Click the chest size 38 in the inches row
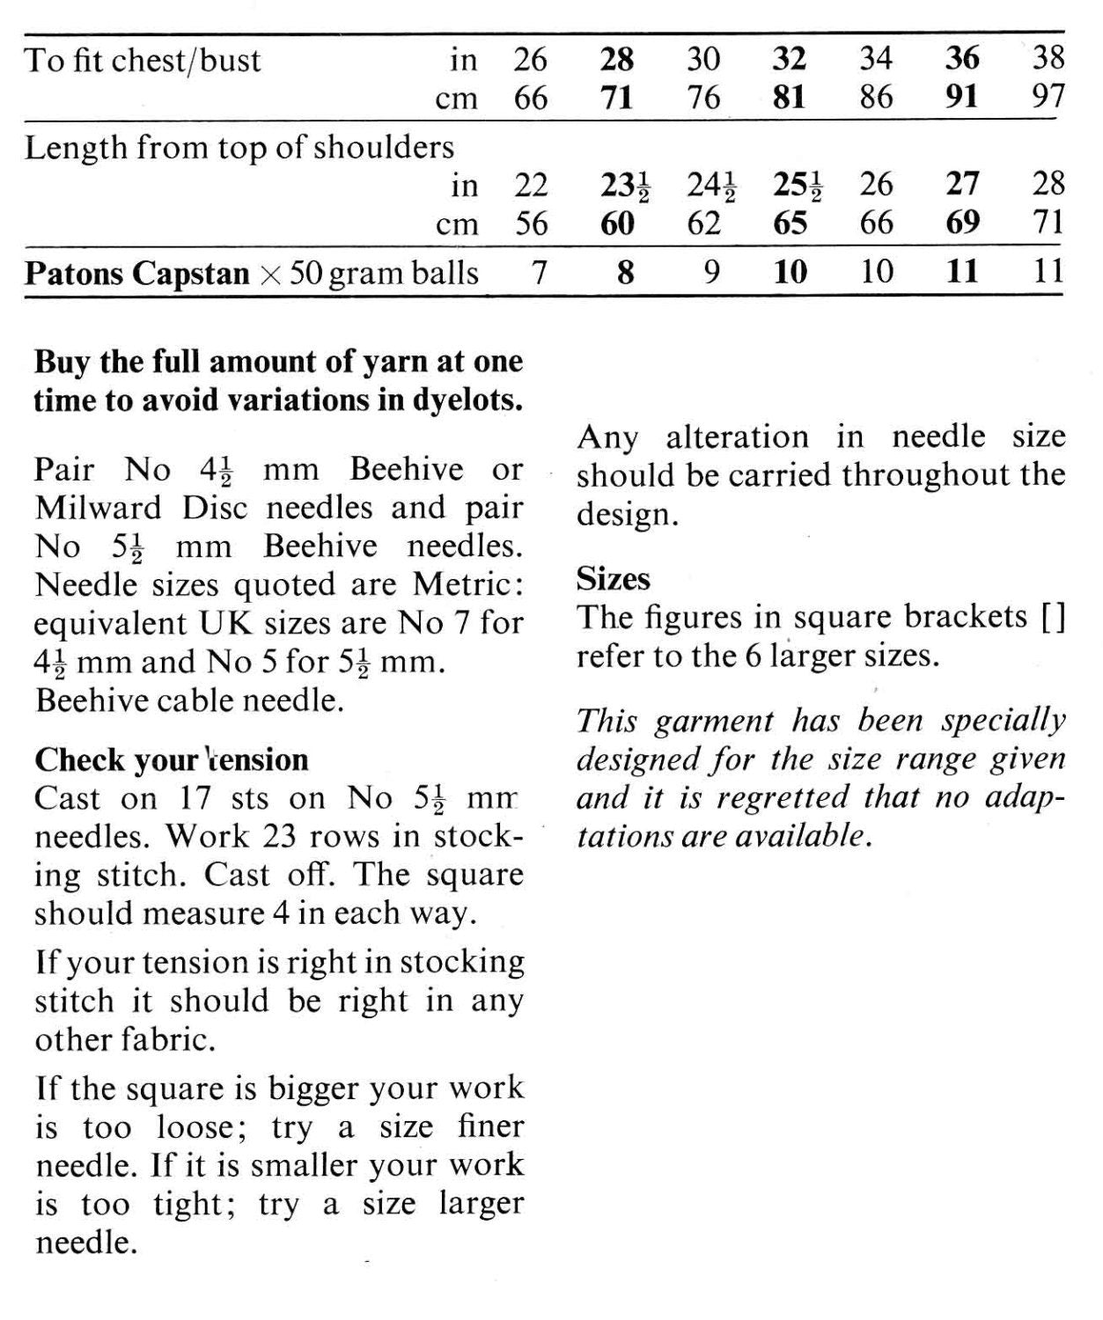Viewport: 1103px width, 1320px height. tap(1047, 59)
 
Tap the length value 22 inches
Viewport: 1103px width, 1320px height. tap(530, 186)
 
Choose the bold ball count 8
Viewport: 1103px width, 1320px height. tap(624, 272)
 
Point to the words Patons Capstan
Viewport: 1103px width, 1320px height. tap(136, 274)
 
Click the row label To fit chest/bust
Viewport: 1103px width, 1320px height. tap(143, 61)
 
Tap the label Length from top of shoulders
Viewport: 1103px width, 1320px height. tap(239, 148)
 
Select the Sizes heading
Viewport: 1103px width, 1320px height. tap(614, 579)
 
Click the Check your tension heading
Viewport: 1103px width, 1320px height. tap(171, 759)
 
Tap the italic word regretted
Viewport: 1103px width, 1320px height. tap(781, 798)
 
